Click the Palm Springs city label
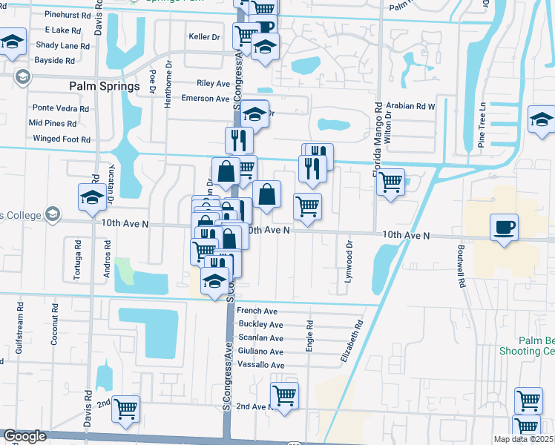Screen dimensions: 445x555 click(105, 86)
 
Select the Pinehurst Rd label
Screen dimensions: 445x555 click(67, 14)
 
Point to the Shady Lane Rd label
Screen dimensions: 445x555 click(63, 45)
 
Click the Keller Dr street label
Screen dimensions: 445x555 click(205, 36)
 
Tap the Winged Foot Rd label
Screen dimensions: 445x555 click(62, 139)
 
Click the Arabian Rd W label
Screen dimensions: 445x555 click(410, 106)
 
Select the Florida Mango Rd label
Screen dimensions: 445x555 click(378, 139)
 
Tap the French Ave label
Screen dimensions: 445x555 click(257, 311)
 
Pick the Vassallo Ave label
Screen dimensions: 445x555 click(260, 365)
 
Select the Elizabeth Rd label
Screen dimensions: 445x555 click(352, 340)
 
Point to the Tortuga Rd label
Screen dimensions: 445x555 click(77, 260)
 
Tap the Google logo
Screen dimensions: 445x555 click(24, 436)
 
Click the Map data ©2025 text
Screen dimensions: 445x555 click(522, 439)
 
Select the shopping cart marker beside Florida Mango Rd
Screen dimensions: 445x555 click(390, 182)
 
